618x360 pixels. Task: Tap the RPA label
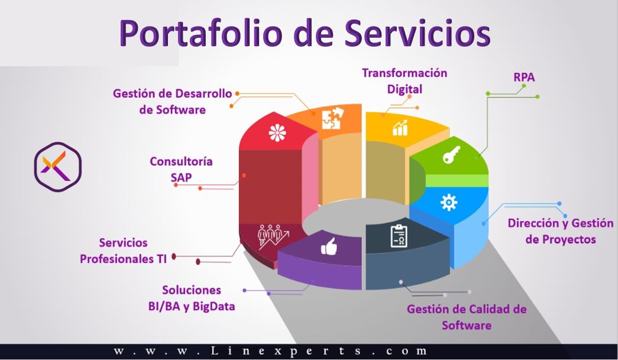coord(524,77)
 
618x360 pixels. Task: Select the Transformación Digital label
coord(405,81)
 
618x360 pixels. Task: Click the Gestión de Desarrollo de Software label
coord(173,101)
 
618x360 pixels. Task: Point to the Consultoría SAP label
coord(181,169)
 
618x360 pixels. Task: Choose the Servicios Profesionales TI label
coord(124,250)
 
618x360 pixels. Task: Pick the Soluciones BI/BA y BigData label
coord(192,298)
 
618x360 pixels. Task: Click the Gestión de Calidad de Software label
coord(467,317)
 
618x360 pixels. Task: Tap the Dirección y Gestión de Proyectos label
coord(561,231)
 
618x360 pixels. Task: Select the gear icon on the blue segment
coord(449,202)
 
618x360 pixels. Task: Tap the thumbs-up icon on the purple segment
coord(328,248)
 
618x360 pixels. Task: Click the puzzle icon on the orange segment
coord(331,119)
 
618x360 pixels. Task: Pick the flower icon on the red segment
coord(277,133)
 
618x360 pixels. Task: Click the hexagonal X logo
coord(57,167)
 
